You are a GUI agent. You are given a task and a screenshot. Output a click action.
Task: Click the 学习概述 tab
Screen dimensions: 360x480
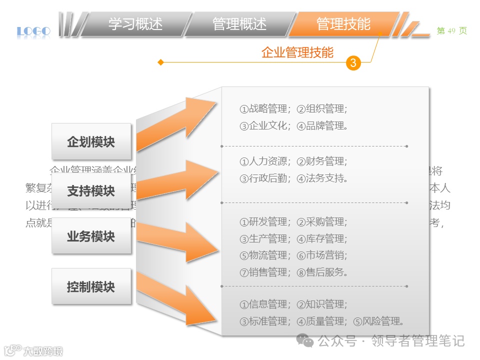135,24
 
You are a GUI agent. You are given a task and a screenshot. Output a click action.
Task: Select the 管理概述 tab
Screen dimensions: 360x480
239,24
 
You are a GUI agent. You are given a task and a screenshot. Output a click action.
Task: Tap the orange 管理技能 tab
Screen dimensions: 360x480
343,24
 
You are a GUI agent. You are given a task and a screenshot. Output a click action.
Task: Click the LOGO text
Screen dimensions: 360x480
33,32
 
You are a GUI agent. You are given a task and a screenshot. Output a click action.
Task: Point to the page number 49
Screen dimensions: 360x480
451,31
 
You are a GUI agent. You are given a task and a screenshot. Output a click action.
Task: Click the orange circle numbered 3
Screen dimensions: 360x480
353,63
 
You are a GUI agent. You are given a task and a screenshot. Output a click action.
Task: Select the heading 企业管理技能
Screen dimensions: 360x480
297,52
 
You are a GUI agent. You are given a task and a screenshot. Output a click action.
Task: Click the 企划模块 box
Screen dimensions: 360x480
91,142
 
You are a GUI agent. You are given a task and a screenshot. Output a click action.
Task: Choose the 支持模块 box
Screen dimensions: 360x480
91,191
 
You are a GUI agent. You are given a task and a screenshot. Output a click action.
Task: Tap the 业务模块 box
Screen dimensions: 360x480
91,236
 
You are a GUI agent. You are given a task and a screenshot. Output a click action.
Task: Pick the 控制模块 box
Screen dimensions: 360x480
91,287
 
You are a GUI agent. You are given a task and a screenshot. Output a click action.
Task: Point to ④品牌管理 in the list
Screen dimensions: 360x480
322,126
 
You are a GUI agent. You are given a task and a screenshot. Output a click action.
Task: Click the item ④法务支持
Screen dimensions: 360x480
322,178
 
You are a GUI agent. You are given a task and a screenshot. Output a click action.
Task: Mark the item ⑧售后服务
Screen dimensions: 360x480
322,272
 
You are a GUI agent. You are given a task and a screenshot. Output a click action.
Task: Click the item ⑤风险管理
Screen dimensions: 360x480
378,321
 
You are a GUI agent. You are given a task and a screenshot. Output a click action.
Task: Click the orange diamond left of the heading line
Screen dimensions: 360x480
160,62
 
